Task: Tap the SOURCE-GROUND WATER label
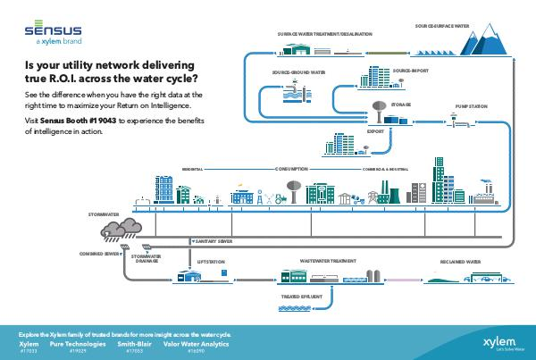pos(298,71)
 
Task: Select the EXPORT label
pos(375,130)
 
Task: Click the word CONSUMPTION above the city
pos(290,167)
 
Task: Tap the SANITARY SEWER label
pos(214,241)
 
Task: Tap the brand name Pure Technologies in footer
pos(78,343)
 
